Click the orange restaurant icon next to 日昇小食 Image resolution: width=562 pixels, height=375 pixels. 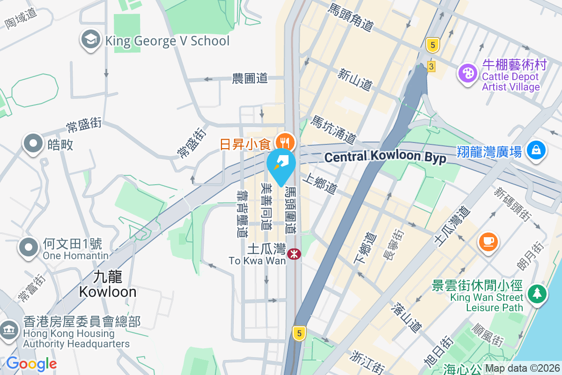tap(284, 141)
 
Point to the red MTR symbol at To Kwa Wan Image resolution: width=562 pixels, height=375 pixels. tap(294, 254)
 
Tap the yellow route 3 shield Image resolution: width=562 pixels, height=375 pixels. tap(431, 67)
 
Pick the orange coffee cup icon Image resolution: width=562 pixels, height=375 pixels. tap(488, 242)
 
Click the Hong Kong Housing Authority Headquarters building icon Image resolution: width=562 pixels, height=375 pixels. tap(9, 329)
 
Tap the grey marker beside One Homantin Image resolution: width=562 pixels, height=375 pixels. tap(29, 247)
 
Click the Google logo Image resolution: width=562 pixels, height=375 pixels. tap(31, 364)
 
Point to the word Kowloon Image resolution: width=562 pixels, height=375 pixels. tap(108, 292)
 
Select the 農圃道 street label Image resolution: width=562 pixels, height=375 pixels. tap(250, 78)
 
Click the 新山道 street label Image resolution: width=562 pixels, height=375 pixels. tap(355, 78)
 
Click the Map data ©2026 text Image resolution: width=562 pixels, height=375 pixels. tap(522, 368)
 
